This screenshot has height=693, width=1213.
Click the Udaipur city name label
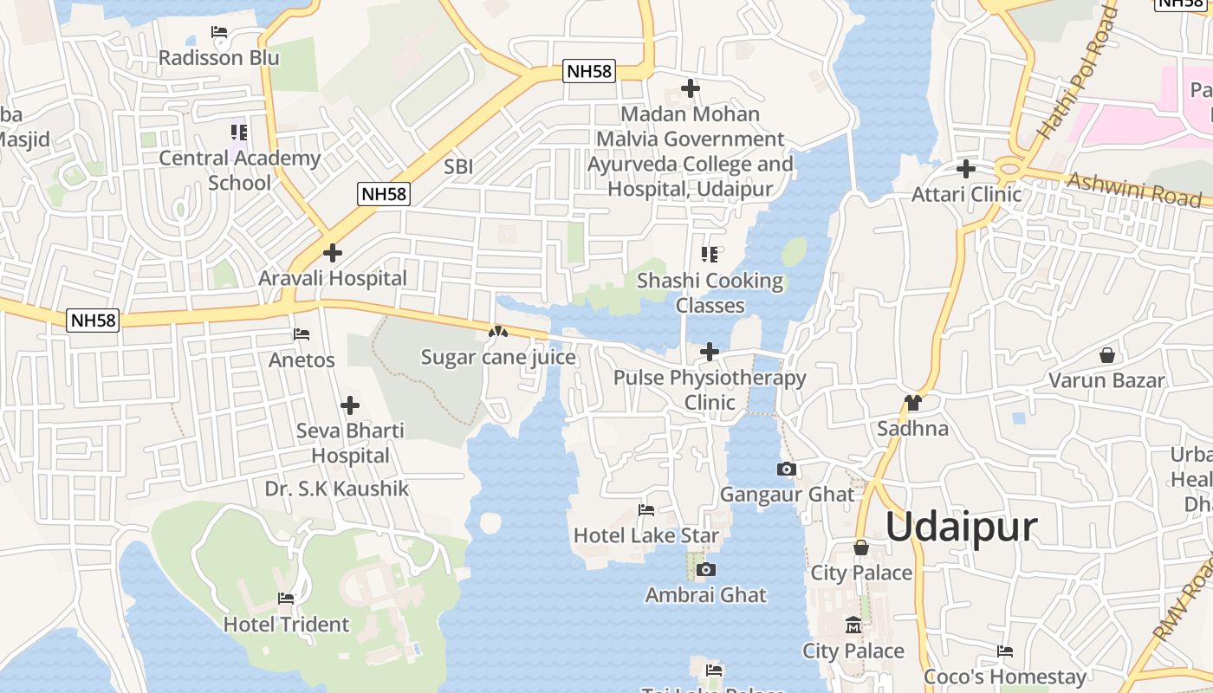click(x=961, y=527)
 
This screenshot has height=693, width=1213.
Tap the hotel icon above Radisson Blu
click(x=219, y=33)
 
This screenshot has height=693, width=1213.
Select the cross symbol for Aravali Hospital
click(x=332, y=253)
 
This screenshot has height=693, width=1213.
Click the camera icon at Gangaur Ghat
click(x=787, y=470)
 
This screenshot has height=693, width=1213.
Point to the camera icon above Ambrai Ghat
click(x=706, y=569)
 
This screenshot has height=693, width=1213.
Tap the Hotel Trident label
click(x=286, y=624)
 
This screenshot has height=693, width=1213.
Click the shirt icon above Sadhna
click(x=912, y=403)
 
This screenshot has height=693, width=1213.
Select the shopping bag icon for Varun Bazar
click(x=1106, y=355)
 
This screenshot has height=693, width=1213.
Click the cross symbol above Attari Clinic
click(x=966, y=169)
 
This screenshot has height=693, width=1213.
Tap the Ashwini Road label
click(x=1134, y=188)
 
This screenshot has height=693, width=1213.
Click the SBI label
click(x=458, y=166)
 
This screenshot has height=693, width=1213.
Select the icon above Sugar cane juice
click(x=497, y=332)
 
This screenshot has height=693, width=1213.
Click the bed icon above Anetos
click(x=302, y=334)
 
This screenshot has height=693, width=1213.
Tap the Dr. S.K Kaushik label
click(x=337, y=489)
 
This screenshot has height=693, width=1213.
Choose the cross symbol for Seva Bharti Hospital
click(x=350, y=405)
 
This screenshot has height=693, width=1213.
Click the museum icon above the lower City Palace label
click(x=853, y=625)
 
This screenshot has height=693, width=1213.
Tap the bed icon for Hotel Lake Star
click(x=646, y=510)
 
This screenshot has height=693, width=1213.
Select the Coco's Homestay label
click(x=1005, y=677)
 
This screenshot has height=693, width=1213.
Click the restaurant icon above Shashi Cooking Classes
click(x=710, y=255)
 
